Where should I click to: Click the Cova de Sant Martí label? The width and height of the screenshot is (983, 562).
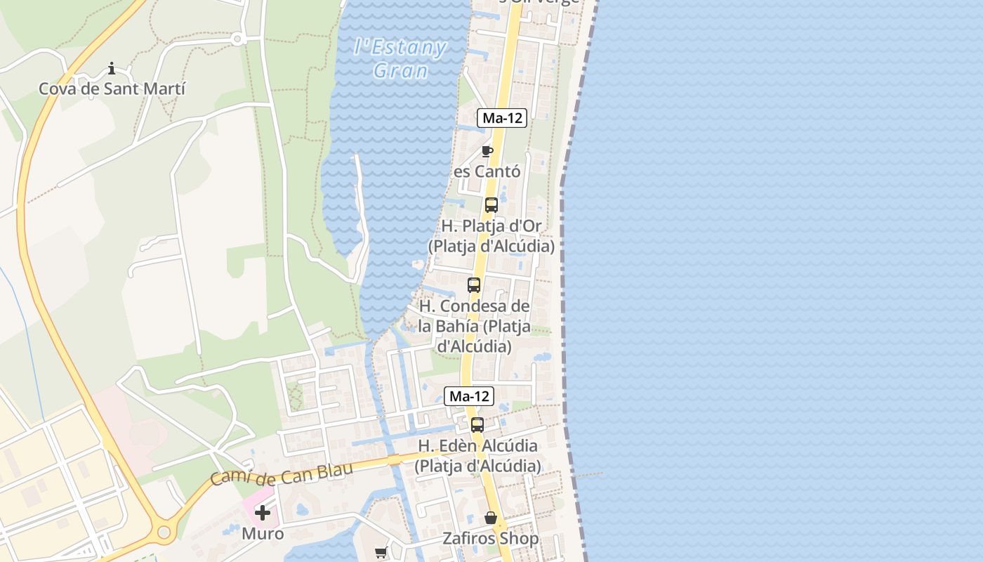pos(112,89)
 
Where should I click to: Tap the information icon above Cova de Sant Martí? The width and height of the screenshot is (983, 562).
pos(112,68)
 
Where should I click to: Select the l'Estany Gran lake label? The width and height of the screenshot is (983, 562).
pos(400,59)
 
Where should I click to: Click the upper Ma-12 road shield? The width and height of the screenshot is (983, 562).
pos(502,118)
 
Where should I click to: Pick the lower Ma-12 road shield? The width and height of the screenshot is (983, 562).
pos(469,396)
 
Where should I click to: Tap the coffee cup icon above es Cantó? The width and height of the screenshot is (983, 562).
pos(487,151)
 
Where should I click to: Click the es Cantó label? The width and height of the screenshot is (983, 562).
pos(487,171)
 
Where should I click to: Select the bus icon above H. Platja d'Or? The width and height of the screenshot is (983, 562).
pos(491,205)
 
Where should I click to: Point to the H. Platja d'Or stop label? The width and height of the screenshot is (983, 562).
pos(491,237)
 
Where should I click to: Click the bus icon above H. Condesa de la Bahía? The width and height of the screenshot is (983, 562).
pos(474,285)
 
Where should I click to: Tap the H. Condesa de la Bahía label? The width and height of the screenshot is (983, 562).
pos(474,327)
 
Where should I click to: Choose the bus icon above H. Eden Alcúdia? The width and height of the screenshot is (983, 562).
pos(477,425)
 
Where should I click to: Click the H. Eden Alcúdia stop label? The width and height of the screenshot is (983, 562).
pos(477,456)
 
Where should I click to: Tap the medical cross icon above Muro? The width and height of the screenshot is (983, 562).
pos(263,513)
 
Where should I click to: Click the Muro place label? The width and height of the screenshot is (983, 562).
pos(263,534)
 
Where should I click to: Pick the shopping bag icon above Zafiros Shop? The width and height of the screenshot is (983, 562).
pos(491,518)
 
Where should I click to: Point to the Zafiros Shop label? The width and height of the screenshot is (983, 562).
pos(491,539)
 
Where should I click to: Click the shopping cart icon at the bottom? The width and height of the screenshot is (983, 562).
pos(381,553)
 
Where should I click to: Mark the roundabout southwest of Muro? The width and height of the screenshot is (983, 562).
pos(164,532)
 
